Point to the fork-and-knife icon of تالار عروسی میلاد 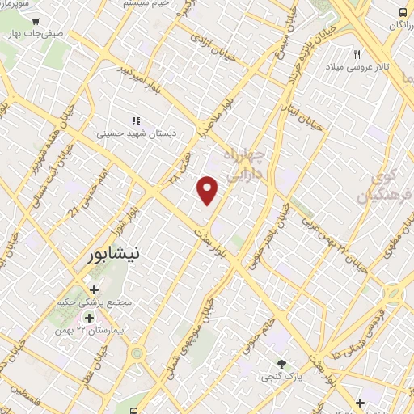pyautogui.click(x=357, y=54)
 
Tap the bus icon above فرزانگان pyautogui.click(x=403, y=13)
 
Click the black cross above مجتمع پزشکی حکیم pyautogui.click(x=94, y=289)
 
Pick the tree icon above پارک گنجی pyautogui.click(x=281, y=364)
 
